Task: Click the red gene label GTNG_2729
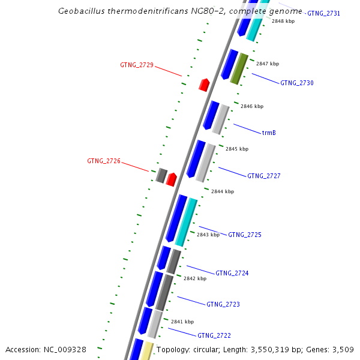pos(137,65)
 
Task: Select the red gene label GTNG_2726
pos(104,161)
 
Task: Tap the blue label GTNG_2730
pos(297,83)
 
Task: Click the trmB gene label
pos(269,133)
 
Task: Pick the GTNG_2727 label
pos(264,176)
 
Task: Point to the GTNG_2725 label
pos(245,235)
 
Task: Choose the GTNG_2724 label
pos(232,273)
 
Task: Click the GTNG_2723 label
pos(223,304)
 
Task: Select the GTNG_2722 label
pos(214,335)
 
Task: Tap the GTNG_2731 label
pos(324,13)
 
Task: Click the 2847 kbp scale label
pos(268,64)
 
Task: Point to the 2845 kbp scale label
pos(237,149)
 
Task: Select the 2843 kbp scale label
pos(208,235)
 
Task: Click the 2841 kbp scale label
pos(182,322)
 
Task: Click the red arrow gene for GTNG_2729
pos(204,85)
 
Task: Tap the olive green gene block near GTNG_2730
pos(239,68)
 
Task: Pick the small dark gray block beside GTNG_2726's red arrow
pos(161,175)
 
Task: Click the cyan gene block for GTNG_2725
pos(186,222)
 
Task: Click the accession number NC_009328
pos(67,349)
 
